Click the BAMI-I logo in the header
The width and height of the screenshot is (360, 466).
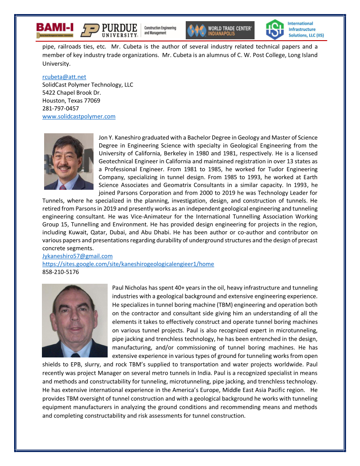pyautogui.click(x=55, y=30)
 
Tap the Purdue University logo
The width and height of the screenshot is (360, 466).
pyautogui.click(x=109, y=30)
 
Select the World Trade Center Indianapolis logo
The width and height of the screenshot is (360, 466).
pyautogui.click(x=220, y=30)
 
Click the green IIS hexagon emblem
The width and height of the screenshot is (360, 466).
pyautogui.click(x=274, y=30)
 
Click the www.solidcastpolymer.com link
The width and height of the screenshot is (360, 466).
pyautogui.click(x=79, y=116)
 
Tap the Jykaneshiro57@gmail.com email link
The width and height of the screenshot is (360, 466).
pyautogui.click(x=77, y=256)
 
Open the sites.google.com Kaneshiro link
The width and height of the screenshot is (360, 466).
pyautogui.click(x=128, y=264)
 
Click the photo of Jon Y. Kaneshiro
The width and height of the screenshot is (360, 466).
pyautogui.click(x=69, y=162)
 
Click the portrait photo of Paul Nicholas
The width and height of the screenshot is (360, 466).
pyautogui.click(x=75, y=320)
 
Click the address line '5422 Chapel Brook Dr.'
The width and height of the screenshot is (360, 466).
pyautogui.click(x=71, y=93)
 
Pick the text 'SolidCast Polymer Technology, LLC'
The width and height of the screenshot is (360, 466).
pyautogui.click(x=87, y=85)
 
